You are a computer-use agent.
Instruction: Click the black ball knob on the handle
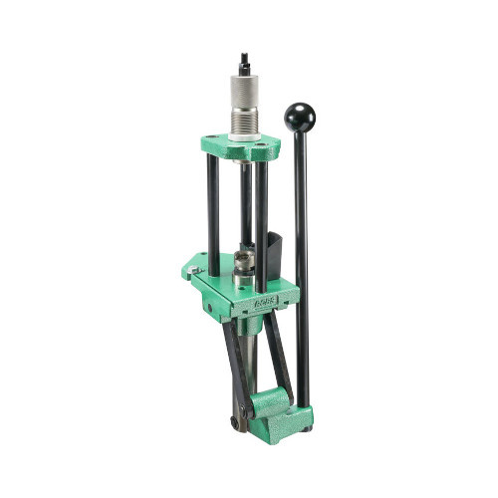tap(299, 118)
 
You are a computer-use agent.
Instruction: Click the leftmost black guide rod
tap(213, 214)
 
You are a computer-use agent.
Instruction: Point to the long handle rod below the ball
tap(301, 259)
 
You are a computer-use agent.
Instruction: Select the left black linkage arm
tap(235, 364)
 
